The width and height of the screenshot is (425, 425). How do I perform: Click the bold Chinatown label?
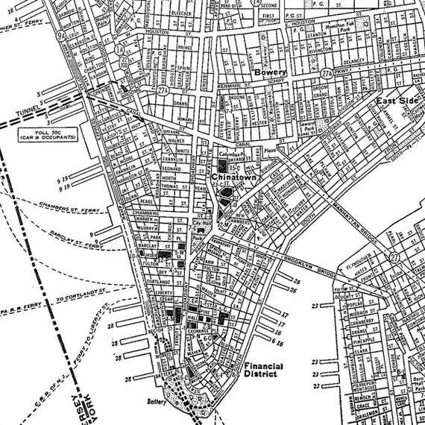pyautogui.click(x=234, y=177)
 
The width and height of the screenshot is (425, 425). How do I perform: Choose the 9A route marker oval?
pyautogui.click(x=60, y=34)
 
